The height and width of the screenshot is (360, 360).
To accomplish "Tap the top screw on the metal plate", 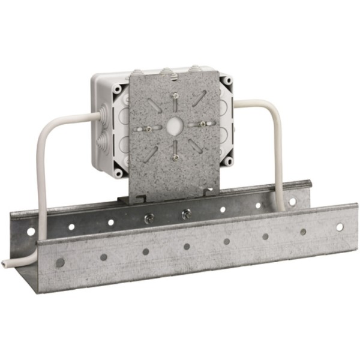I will click(x=174, y=96).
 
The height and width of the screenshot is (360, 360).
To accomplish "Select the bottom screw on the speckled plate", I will click(x=175, y=157).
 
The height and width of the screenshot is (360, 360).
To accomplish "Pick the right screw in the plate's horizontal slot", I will click(x=203, y=124).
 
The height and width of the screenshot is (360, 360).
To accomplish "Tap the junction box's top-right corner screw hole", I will click(x=227, y=80).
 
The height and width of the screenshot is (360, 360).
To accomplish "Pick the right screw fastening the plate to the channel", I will click(x=186, y=213).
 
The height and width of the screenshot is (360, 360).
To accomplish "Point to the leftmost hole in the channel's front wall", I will click(x=60, y=262).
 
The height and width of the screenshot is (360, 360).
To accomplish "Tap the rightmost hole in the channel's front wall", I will click(x=340, y=227).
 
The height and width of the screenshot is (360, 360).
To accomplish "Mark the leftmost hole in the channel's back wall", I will click(x=31, y=231).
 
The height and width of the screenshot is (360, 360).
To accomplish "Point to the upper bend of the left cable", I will click(x=49, y=127).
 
